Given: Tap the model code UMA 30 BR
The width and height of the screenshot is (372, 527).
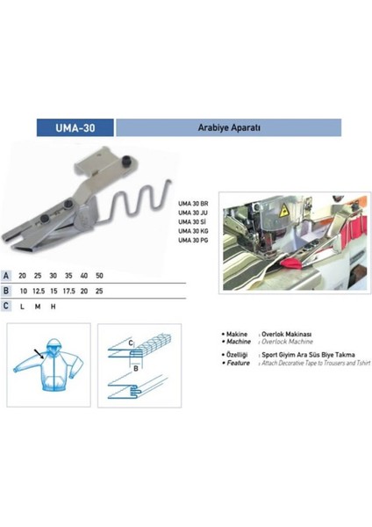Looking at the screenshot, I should click(192, 202).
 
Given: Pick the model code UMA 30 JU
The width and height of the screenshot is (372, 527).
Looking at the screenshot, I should click(192, 213).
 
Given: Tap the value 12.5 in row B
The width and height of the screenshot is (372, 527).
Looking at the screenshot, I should click(37, 290).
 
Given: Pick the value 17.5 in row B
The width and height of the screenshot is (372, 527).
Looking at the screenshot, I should click(70, 290).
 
